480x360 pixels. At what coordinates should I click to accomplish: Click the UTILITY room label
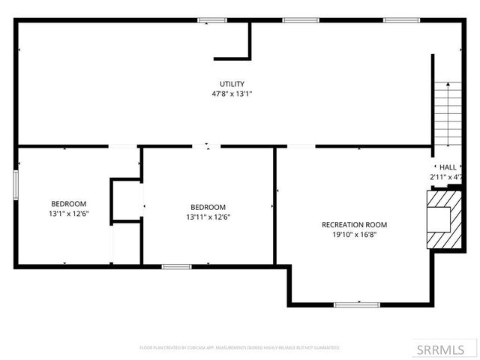point(232,83)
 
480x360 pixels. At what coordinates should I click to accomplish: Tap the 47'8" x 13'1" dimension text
point(232,94)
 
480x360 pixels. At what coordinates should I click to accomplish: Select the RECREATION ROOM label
point(354,224)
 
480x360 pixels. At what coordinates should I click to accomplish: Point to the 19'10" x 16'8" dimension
point(354,235)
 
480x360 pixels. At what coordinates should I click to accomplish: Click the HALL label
point(448,167)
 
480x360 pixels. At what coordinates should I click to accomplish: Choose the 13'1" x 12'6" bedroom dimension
point(68,214)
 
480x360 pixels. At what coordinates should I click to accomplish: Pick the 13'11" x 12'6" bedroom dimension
point(208,217)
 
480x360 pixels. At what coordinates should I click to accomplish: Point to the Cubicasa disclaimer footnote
point(240,348)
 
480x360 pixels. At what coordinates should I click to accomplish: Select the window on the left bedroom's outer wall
point(16,185)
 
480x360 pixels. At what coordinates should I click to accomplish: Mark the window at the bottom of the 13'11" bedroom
point(177,265)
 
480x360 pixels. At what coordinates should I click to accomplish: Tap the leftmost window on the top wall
point(212,19)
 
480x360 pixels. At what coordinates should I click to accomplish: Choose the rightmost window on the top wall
point(397,19)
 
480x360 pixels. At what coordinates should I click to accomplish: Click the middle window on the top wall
point(296,19)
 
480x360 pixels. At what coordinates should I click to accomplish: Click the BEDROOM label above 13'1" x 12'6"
point(68,204)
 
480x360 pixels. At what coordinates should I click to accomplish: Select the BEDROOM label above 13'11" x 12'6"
point(208,207)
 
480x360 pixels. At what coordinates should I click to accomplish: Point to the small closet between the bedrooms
point(126,200)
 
